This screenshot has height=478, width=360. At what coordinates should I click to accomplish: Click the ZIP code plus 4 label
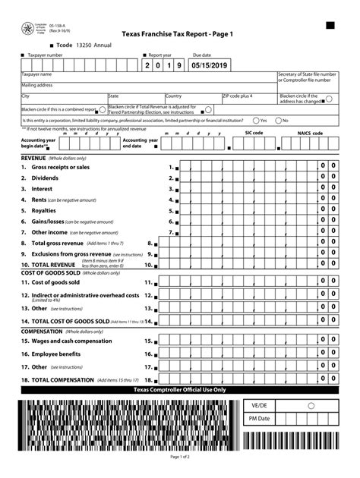[238, 96]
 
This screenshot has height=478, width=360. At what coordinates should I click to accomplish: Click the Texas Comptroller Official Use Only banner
[179, 389]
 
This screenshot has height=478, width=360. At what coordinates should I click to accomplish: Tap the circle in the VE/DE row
[310, 406]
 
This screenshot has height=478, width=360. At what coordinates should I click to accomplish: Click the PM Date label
[259, 418]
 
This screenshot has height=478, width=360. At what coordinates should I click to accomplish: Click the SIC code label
[254, 133]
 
